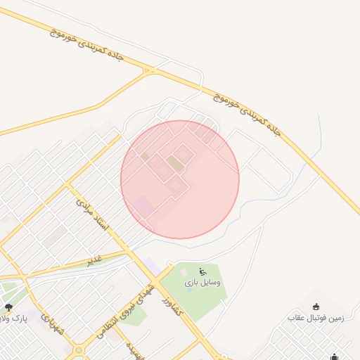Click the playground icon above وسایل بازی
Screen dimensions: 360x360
[203, 271]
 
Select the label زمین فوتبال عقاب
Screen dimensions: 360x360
[315, 318]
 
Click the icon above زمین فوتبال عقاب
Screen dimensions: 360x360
[315, 307]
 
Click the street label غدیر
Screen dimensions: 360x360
[96, 259]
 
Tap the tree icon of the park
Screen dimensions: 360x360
[8, 307]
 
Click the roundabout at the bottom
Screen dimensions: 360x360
[79, 349]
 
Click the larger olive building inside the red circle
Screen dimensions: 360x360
[175, 164]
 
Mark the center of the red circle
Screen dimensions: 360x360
[180, 179]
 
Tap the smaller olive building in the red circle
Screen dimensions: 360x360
[145, 156]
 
